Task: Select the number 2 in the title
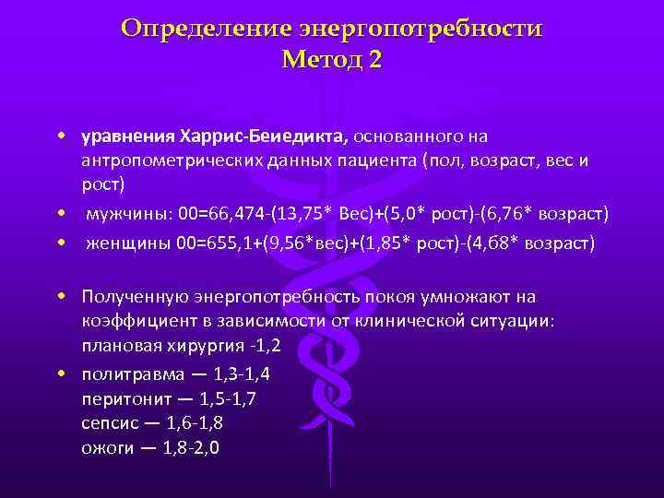pos(373,61)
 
